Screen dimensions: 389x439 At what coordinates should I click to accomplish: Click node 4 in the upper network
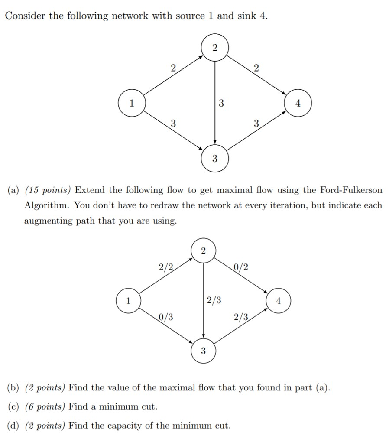tap(298, 104)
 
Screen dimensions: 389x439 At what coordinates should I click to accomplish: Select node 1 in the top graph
tap(132, 104)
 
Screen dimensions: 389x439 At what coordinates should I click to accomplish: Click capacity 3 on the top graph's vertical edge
tap(221, 103)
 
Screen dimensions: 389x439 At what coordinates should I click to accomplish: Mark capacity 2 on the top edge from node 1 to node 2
tap(173, 68)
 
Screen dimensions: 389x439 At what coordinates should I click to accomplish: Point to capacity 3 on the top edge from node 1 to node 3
tap(173, 123)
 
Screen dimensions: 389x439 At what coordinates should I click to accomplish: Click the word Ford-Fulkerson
tap(351, 190)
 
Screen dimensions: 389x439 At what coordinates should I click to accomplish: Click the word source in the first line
tap(190, 16)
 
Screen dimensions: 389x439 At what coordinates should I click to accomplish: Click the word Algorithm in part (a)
tap(47, 205)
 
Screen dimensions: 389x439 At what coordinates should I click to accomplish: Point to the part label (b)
tap(13, 387)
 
